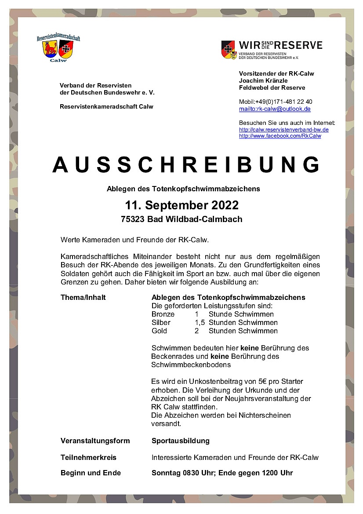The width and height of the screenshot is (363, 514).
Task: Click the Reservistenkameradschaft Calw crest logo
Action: tap(58, 49)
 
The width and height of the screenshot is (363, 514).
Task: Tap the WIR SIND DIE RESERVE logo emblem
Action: tap(229, 50)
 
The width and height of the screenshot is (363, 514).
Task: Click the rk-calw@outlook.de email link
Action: tap(275, 109)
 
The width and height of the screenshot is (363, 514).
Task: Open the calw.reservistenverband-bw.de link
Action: tap(283, 130)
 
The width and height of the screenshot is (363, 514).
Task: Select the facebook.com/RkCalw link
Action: tap(280, 136)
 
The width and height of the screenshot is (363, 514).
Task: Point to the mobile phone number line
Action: tap(276, 102)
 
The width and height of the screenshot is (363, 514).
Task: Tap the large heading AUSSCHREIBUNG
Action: tap(186, 164)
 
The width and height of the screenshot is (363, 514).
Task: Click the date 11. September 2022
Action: tap(181, 205)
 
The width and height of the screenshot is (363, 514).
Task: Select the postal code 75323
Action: tap(133, 219)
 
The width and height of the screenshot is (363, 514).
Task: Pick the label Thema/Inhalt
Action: tap(83, 298)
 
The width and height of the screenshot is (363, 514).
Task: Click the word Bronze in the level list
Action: tap(163, 314)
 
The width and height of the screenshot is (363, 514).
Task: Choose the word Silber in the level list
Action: tap(161, 323)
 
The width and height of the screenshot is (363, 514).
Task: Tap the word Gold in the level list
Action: tap(159, 331)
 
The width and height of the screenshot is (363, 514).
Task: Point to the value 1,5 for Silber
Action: tap(200, 323)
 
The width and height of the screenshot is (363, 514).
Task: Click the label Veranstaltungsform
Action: tap(95, 441)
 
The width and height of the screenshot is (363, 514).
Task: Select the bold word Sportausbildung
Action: tap(181, 441)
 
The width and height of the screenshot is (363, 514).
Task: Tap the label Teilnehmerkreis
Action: tap(88, 457)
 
